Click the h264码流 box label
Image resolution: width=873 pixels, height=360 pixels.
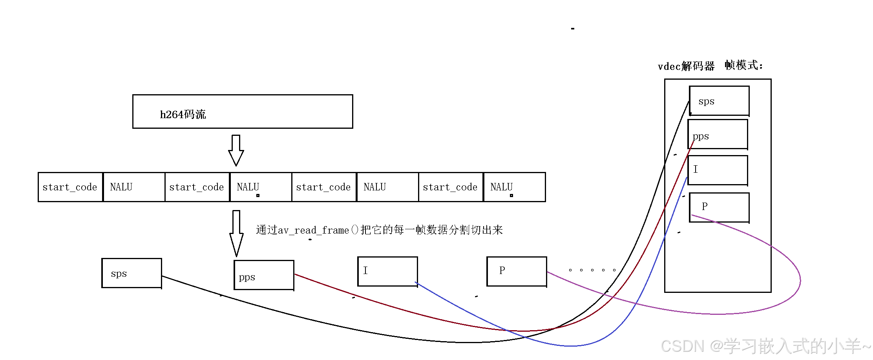point(183,114)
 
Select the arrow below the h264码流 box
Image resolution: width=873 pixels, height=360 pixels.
point(236,150)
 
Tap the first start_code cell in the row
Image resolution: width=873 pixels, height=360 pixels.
point(70,187)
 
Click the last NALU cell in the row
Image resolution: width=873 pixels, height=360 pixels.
point(514,187)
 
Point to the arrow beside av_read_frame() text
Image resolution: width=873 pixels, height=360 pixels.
point(236,233)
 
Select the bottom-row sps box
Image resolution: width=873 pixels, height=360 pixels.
point(131,273)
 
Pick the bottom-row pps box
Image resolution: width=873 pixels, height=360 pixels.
point(264,275)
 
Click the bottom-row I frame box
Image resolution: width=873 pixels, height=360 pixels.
point(387,271)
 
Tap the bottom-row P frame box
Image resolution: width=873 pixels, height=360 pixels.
point(517,271)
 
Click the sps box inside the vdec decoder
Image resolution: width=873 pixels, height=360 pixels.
point(719,101)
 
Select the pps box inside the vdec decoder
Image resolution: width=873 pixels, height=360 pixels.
point(718,135)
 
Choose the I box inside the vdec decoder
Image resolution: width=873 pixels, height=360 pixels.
point(718,170)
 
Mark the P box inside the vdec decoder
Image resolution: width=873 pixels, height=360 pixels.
point(719,207)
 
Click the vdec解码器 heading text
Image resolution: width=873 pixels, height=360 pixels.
point(686,66)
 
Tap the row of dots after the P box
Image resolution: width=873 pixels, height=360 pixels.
point(592,270)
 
